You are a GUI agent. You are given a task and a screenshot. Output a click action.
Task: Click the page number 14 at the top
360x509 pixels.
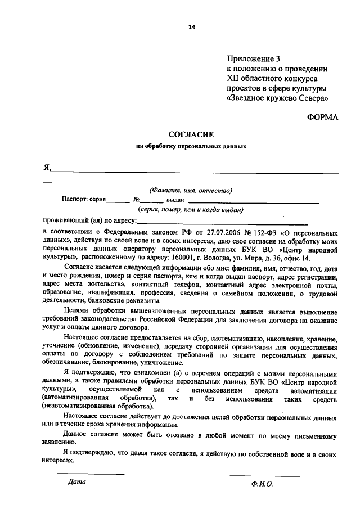click(x=192, y=26)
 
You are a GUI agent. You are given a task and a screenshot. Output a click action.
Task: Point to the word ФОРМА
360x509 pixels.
click(x=323, y=117)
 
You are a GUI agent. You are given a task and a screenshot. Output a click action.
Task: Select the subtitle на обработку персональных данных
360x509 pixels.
click(x=191, y=146)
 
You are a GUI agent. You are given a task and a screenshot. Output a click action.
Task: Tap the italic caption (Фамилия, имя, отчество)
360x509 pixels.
click(x=191, y=190)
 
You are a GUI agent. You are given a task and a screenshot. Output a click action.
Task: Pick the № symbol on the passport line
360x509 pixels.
click(x=136, y=199)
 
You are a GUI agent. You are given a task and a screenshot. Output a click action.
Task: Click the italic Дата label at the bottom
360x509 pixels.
click(x=76, y=481)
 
